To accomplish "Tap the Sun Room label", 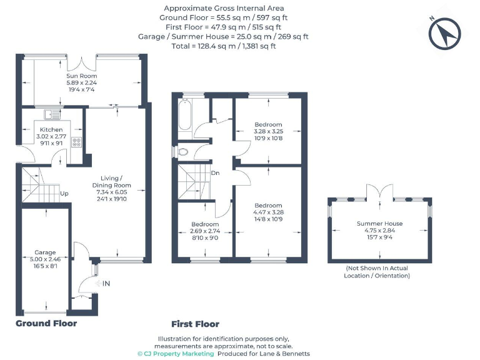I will [x=82, y=76].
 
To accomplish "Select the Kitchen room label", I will [x=51, y=129].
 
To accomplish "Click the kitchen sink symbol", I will [x=52, y=114].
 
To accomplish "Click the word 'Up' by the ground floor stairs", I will [x=64, y=194].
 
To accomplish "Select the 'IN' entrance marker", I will [x=106, y=284].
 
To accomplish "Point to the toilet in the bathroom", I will [x=182, y=151].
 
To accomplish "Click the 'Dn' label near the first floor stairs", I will [x=215, y=173].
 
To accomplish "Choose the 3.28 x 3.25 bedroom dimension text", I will [x=268, y=132].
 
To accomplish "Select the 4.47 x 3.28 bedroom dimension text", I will [x=267, y=212].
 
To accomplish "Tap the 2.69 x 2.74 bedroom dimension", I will [x=206, y=231].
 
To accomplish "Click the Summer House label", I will [x=379, y=223].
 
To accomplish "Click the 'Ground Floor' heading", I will [x=46, y=323].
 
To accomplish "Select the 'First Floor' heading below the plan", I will [x=195, y=324].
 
